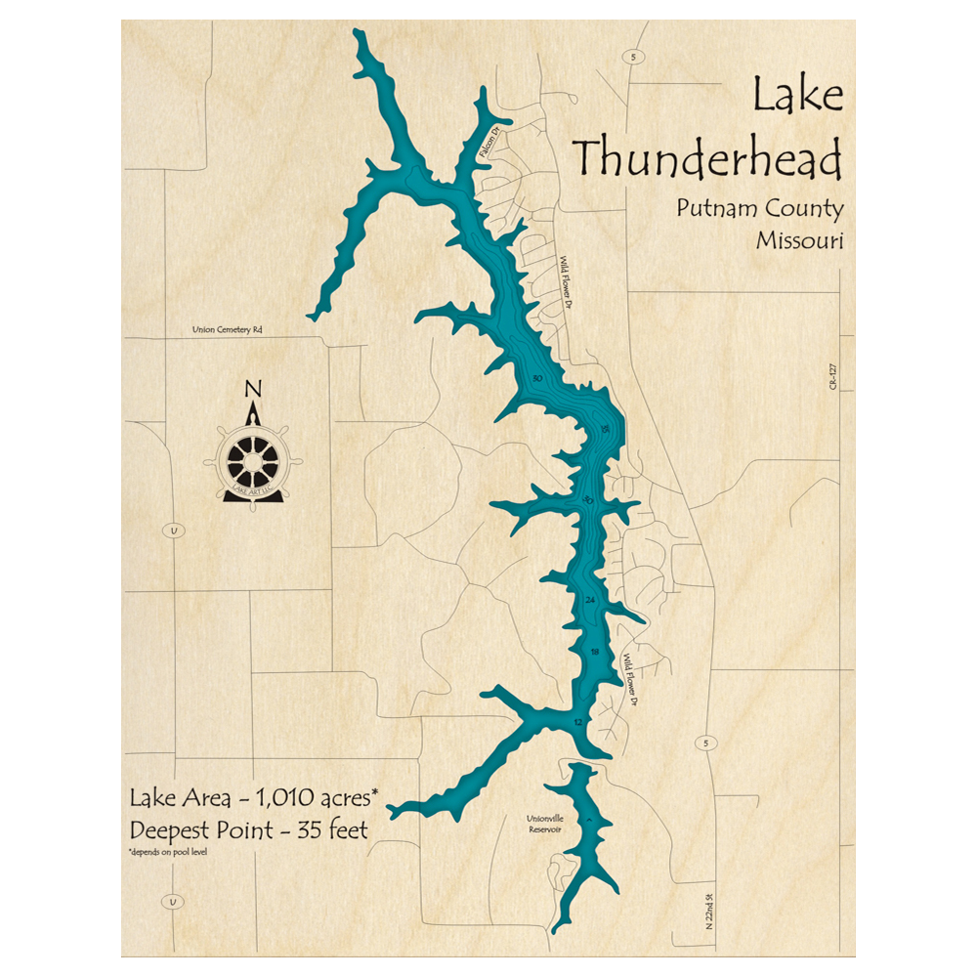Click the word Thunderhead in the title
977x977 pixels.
(706, 157)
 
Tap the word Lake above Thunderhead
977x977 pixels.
(796, 98)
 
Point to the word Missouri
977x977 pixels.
(798, 240)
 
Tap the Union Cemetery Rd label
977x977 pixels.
(227, 330)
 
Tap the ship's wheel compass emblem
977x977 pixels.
(252, 458)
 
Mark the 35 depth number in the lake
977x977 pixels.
(606, 430)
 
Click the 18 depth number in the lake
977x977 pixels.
(595, 652)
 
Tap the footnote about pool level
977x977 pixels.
(167, 853)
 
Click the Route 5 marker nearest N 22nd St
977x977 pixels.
(705, 744)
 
